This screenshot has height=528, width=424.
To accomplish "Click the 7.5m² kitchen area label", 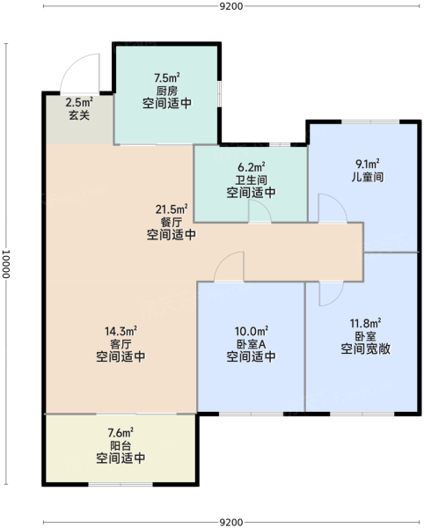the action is point(166,77).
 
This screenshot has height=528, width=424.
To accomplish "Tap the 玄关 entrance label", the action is point(79,115).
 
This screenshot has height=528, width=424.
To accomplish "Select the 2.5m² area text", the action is point(79,102).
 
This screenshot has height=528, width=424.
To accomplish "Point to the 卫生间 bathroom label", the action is point(252,180).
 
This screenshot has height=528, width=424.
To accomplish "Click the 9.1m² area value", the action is point(368,164).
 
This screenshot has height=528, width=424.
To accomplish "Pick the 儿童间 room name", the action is point(368,177).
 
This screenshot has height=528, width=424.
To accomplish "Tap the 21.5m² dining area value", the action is point(172,209).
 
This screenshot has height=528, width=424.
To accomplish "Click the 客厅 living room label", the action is point(121,344).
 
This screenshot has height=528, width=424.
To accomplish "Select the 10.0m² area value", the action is point(252,331).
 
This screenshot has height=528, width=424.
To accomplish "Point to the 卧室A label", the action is point(252,344).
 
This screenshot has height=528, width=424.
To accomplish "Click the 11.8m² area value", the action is point(365,324).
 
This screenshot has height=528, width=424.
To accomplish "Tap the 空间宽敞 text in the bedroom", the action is point(365,348).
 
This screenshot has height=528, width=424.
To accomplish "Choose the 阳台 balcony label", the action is point(121,445).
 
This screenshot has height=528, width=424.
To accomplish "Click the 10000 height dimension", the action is point(6,264).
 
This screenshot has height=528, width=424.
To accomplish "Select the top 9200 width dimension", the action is point(231,6).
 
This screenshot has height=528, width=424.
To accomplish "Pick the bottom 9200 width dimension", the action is point(231,522).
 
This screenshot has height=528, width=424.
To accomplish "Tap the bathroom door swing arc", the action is point(264,206).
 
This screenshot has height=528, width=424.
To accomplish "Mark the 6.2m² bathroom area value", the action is point(252,166).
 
